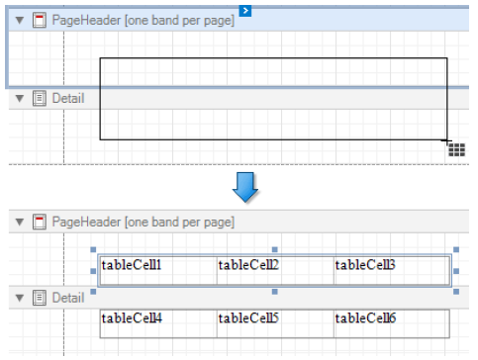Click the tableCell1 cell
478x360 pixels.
click(x=158, y=270)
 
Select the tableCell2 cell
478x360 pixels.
click(x=275, y=270)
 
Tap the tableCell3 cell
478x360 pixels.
click(x=392, y=270)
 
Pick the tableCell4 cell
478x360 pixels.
click(x=158, y=323)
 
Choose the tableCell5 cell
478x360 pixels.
click(x=275, y=323)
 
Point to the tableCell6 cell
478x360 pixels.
click(x=392, y=323)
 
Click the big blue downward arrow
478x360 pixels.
click(x=245, y=187)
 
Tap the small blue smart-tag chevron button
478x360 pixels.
click(x=245, y=11)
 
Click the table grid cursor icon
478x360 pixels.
click(x=456, y=149)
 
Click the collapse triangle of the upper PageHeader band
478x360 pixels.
click(x=20, y=21)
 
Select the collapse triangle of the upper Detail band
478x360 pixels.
click(x=20, y=98)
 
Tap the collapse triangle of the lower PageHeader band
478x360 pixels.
click(x=20, y=222)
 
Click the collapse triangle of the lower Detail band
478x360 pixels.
click(x=20, y=298)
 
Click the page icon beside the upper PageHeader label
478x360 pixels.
click(x=40, y=20)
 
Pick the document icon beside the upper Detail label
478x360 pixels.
click(x=40, y=98)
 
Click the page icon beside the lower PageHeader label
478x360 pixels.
click(x=40, y=222)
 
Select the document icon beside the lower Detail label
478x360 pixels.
click(x=40, y=298)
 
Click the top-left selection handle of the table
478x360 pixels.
click(x=93, y=250)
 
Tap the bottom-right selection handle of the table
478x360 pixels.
click(x=456, y=292)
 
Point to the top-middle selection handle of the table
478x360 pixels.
click(x=275, y=250)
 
